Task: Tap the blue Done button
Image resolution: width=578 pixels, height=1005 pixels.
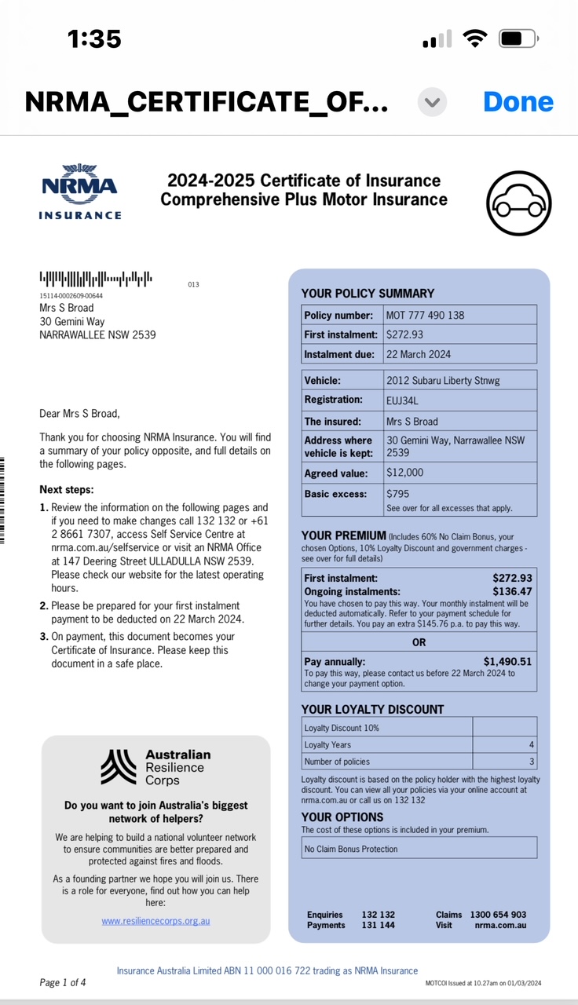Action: point(518,101)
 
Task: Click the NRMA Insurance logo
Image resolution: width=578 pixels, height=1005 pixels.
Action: point(80,192)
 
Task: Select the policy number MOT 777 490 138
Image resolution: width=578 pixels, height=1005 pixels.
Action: point(426,315)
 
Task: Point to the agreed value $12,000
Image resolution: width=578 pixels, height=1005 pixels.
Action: point(405,473)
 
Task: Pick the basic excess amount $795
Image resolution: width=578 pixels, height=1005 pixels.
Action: point(399,494)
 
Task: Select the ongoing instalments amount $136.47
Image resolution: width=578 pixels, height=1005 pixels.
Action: point(512,591)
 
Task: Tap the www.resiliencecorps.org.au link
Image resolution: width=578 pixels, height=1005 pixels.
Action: point(155,920)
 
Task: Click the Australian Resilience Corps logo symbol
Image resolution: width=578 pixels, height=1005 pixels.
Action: point(119,767)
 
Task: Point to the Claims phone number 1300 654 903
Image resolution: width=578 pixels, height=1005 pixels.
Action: point(498,915)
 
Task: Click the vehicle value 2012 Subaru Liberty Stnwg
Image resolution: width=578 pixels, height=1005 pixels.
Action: point(443,380)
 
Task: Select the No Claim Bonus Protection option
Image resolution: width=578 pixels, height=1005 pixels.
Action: point(351,849)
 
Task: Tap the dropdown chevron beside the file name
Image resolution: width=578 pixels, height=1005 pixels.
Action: point(432,102)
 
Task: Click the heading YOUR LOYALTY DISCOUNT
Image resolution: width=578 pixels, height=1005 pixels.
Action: point(373,709)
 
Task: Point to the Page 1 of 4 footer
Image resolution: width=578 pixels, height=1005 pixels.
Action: point(63,982)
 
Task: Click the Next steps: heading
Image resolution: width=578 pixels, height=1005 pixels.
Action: point(67,490)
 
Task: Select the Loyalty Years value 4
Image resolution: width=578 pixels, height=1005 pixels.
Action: point(532,744)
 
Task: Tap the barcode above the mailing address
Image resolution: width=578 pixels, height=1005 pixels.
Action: point(96,279)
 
